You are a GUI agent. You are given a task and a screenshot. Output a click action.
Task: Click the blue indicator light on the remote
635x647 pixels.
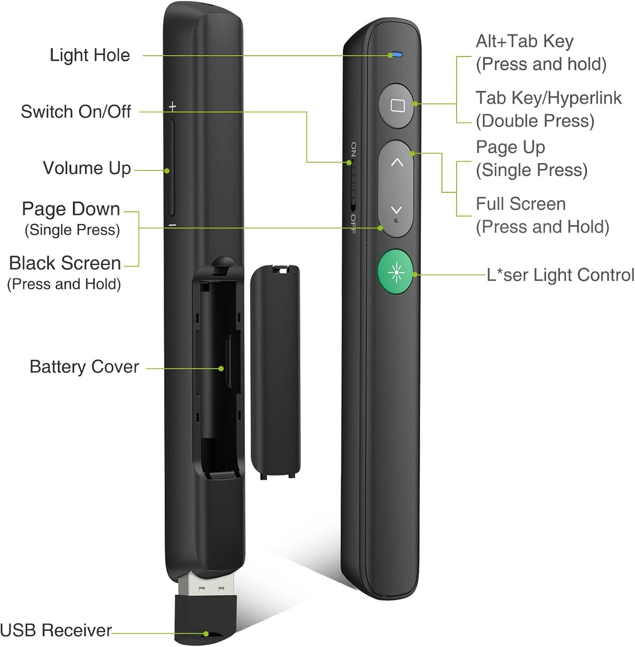(x=397, y=55)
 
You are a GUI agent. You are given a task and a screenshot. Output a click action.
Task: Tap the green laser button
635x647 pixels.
(x=396, y=273)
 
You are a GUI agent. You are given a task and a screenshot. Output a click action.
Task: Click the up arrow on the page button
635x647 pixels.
(x=397, y=162)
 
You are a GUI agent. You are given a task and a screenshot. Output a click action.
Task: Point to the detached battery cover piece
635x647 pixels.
(x=275, y=371)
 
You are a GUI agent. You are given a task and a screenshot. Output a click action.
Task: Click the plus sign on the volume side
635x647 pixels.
(x=173, y=106)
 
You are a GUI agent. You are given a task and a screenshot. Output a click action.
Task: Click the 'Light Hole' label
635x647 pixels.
(x=90, y=55)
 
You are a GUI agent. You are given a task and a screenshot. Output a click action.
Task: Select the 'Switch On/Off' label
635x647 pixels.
(x=76, y=111)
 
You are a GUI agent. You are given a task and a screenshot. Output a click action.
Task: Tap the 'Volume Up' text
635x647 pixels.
(x=87, y=168)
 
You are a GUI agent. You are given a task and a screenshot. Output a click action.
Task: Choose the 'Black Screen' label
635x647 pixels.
(x=65, y=263)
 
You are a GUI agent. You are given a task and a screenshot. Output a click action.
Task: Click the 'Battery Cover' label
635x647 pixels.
(x=84, y=367)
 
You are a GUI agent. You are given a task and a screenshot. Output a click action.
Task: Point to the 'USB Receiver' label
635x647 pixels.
(x=56, y=630)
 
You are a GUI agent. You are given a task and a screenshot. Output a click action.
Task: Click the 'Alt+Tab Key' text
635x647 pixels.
(x=524, y=41)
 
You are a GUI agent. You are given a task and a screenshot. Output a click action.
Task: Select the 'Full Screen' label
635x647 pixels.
(x=521, y=204)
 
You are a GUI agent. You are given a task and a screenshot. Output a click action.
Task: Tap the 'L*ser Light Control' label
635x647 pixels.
(x=560, y=275)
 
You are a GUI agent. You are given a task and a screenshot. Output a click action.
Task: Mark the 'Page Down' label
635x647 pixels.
(x=71, y=209)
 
